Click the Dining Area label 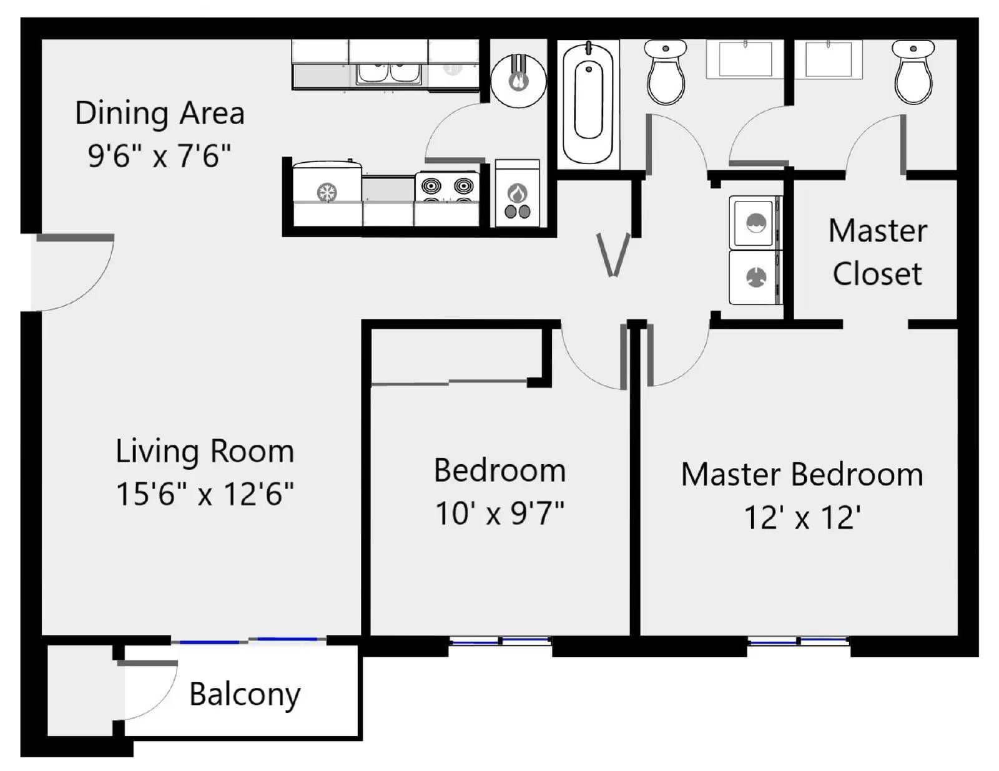159,114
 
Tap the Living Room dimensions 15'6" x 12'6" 205,494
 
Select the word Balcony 245,694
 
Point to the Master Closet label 877,252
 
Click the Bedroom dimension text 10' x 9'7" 499,514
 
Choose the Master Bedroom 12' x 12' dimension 802,518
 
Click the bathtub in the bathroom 588,102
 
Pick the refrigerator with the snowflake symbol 327,192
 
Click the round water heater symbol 518,80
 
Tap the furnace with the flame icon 517,195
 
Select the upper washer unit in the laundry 755,223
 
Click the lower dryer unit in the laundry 755,277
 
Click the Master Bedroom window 798,641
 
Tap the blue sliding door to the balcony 249,640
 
